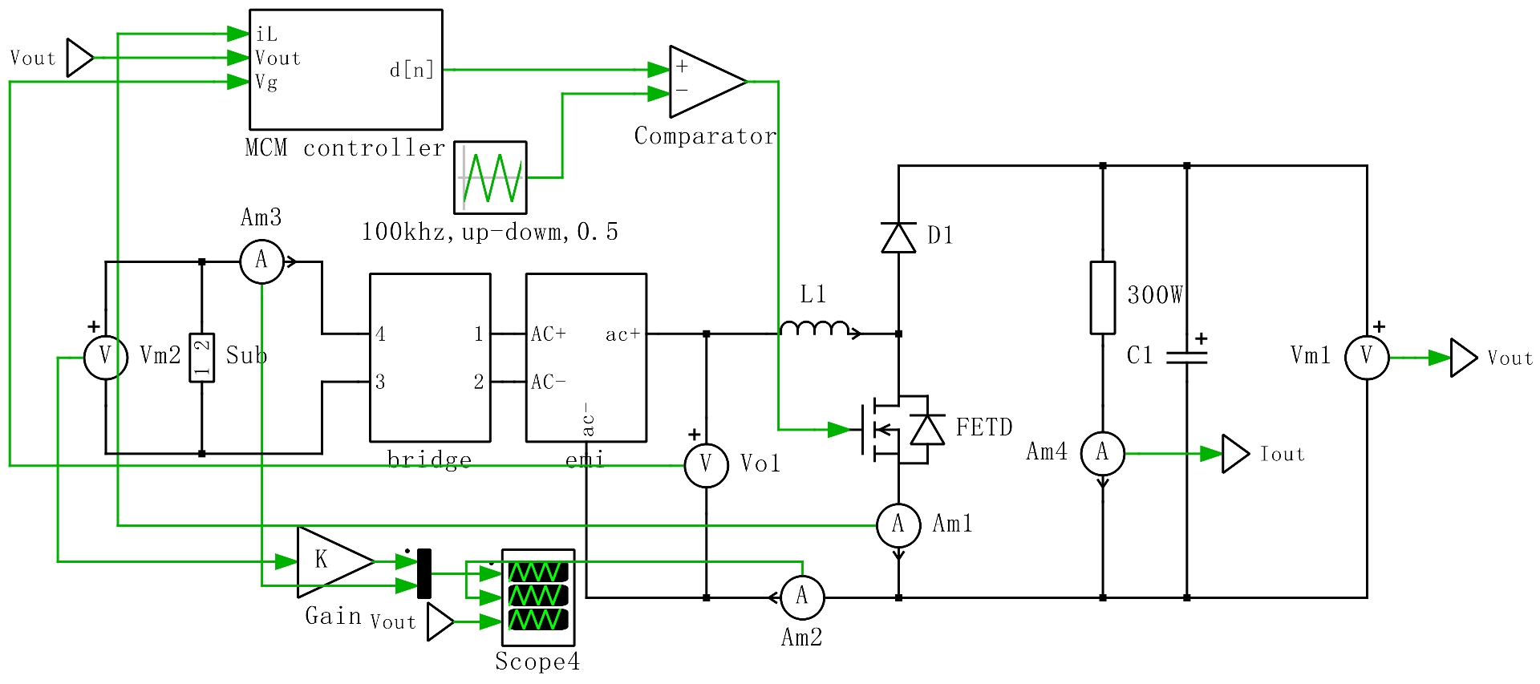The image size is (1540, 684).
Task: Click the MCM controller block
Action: point(346,70)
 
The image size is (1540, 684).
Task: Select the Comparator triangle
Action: point(706,81)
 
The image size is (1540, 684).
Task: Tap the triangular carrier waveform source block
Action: point(490,177)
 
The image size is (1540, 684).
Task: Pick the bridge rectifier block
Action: point(430,358)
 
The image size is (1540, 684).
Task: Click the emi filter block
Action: point(586,358)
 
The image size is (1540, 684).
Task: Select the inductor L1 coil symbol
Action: point(814,328)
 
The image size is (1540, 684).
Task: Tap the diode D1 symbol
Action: point(898,237)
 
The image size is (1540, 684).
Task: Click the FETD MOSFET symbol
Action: point(894,430)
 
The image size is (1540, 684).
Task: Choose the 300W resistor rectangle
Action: point(1103,297)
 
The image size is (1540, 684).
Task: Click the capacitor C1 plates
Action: point(1187,358)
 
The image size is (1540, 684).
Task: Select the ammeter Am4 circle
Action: point(1103,454)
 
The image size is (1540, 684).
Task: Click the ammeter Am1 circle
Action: point(898,525)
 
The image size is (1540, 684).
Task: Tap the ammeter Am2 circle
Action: point(802,597)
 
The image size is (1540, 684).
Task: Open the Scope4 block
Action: point(538,597)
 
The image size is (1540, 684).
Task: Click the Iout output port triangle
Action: point(1236,454)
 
